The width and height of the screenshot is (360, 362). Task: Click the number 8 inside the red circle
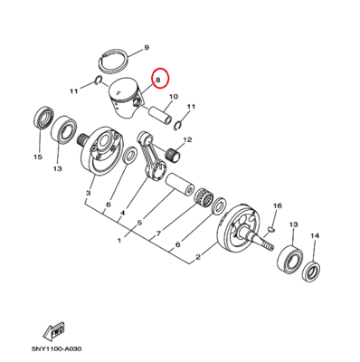tap(157, 80)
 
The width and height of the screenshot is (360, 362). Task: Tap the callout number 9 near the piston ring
tap(147, 47)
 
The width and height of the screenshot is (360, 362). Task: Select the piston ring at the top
tap(114, 60)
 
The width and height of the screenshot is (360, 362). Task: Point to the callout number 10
tap(174, 97)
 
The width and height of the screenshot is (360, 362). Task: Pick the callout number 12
tap(187, 139)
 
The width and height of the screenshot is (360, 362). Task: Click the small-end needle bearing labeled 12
tap(173, 154)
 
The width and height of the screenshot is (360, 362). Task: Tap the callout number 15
tap(38, 157)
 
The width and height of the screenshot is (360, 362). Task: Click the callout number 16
tap(278, 205)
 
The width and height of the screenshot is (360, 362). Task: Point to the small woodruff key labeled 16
tap(271, 230)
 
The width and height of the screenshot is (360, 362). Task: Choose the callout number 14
tap(315, 235)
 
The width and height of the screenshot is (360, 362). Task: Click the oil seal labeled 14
tap(311, 271)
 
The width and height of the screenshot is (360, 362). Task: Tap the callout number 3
tap(88, 193)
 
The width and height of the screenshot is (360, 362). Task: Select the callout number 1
tap(119, 241)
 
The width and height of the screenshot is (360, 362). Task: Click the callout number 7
tap(159, 233)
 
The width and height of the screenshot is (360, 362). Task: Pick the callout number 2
tap(198, 257)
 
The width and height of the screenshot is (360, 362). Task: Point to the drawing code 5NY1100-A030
tap(56, 349)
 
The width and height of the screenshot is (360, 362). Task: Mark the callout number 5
tap(139, 223)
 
